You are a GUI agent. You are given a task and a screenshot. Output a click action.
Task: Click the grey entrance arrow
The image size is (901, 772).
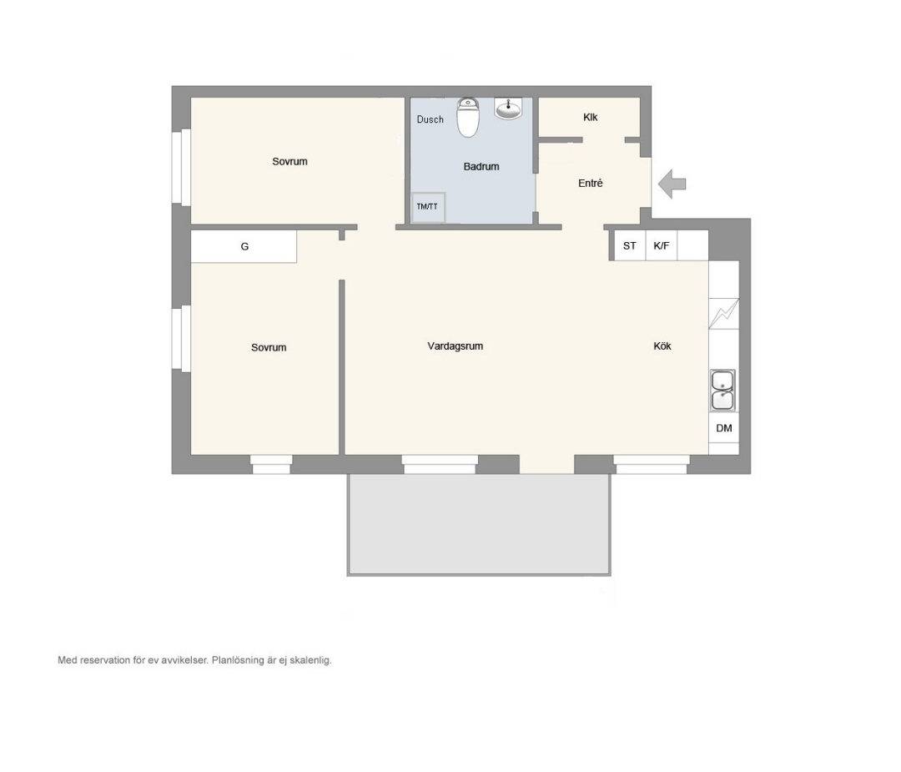pyautogui.click(x=672, y=184)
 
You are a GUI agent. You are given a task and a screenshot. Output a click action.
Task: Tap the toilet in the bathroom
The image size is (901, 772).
pyautogui.click(x=468, y=118)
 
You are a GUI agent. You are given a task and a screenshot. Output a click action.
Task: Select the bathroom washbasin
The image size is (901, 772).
pyautogui.click(x=509, y=108)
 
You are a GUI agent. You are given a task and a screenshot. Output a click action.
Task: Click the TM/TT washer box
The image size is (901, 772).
pyautogui.click(x=428, y=207)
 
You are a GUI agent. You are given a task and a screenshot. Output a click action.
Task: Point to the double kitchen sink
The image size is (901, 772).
pyautogui.click(x=722, y=391)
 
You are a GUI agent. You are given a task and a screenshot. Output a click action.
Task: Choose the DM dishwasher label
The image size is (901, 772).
pyautogui.click(x=724, y=428)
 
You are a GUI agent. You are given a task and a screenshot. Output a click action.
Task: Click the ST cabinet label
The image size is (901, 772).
pyautogui.click(x=629, y=246)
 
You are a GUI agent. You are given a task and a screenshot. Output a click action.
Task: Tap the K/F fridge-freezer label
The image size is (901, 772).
pyautogui.click(x=662, y=246)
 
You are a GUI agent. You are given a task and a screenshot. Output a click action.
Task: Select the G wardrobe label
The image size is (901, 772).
pyautogui.click(x=244, y=246)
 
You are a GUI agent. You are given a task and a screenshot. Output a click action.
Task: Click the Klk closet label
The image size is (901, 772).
pyautogui.click(x=590, y=118)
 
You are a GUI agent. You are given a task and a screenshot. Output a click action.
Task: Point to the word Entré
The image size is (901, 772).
pyautogui.click(x=590, y=184)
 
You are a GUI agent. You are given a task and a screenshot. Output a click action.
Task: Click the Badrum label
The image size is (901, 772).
pyautogui.click(x=481, y=167)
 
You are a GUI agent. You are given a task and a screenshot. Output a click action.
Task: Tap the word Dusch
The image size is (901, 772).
pyautogui.click(x=430, y=119)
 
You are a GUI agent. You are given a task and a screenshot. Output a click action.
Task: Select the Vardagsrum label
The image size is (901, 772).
pyautogui.click(x=456, y=346)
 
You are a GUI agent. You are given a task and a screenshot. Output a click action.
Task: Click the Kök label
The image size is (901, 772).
pyautogui.click(x=662, y=346)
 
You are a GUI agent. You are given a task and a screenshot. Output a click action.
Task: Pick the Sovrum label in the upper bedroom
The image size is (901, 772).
pyautogui.click(x=289, y=162)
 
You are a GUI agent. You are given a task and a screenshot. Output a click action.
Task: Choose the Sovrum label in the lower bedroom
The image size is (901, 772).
pyautogui.click(x=269, y=348)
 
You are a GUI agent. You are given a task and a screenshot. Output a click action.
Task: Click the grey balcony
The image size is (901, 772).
pyautogui.click(x=479, y=524)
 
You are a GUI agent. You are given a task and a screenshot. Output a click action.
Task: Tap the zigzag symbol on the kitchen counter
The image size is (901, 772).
pyautogui.click(x=724, y=313)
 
